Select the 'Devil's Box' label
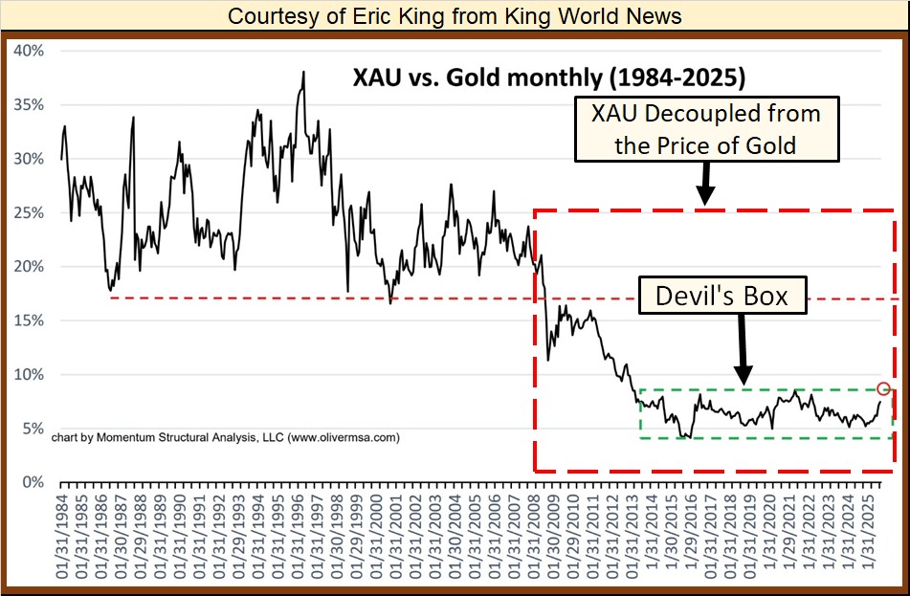coord(722,297)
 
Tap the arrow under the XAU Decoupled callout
coord(705,183)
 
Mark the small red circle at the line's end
coord(883,388)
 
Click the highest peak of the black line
coord(303,73)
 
